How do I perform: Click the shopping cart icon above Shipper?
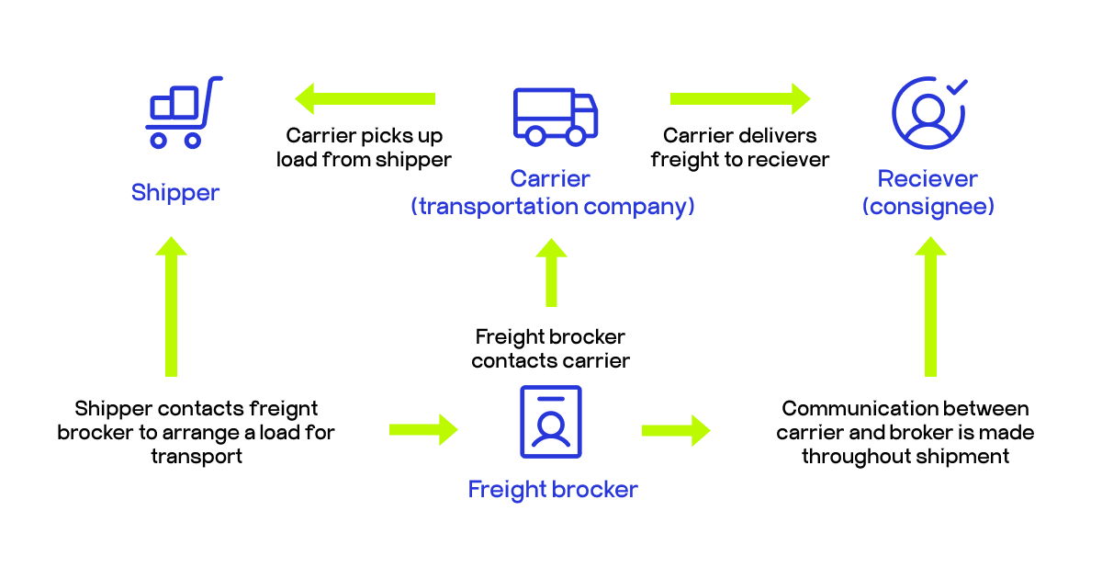click(x=183, y=112)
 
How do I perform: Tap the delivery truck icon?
click(x=555, y=117)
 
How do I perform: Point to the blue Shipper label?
click(x=175, y=192)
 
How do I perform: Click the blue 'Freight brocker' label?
click(x=552, y=489)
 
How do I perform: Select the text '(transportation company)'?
click(x=552, y=206)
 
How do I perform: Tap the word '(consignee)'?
click(x=928, y=206)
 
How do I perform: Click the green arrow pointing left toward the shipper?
click(x=365, y=98)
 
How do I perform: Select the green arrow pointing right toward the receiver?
click(x=740, y=98)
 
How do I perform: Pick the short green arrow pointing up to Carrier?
click(x=551, y=273)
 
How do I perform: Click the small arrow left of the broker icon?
click(x=423, y=428)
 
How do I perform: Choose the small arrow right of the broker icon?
click(x=676, y=429)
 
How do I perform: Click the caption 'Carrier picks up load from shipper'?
click(x=365, y=148)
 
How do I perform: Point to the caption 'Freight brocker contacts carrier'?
click(x=551, y=348)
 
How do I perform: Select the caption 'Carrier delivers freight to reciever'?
click(x=740, y=148)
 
